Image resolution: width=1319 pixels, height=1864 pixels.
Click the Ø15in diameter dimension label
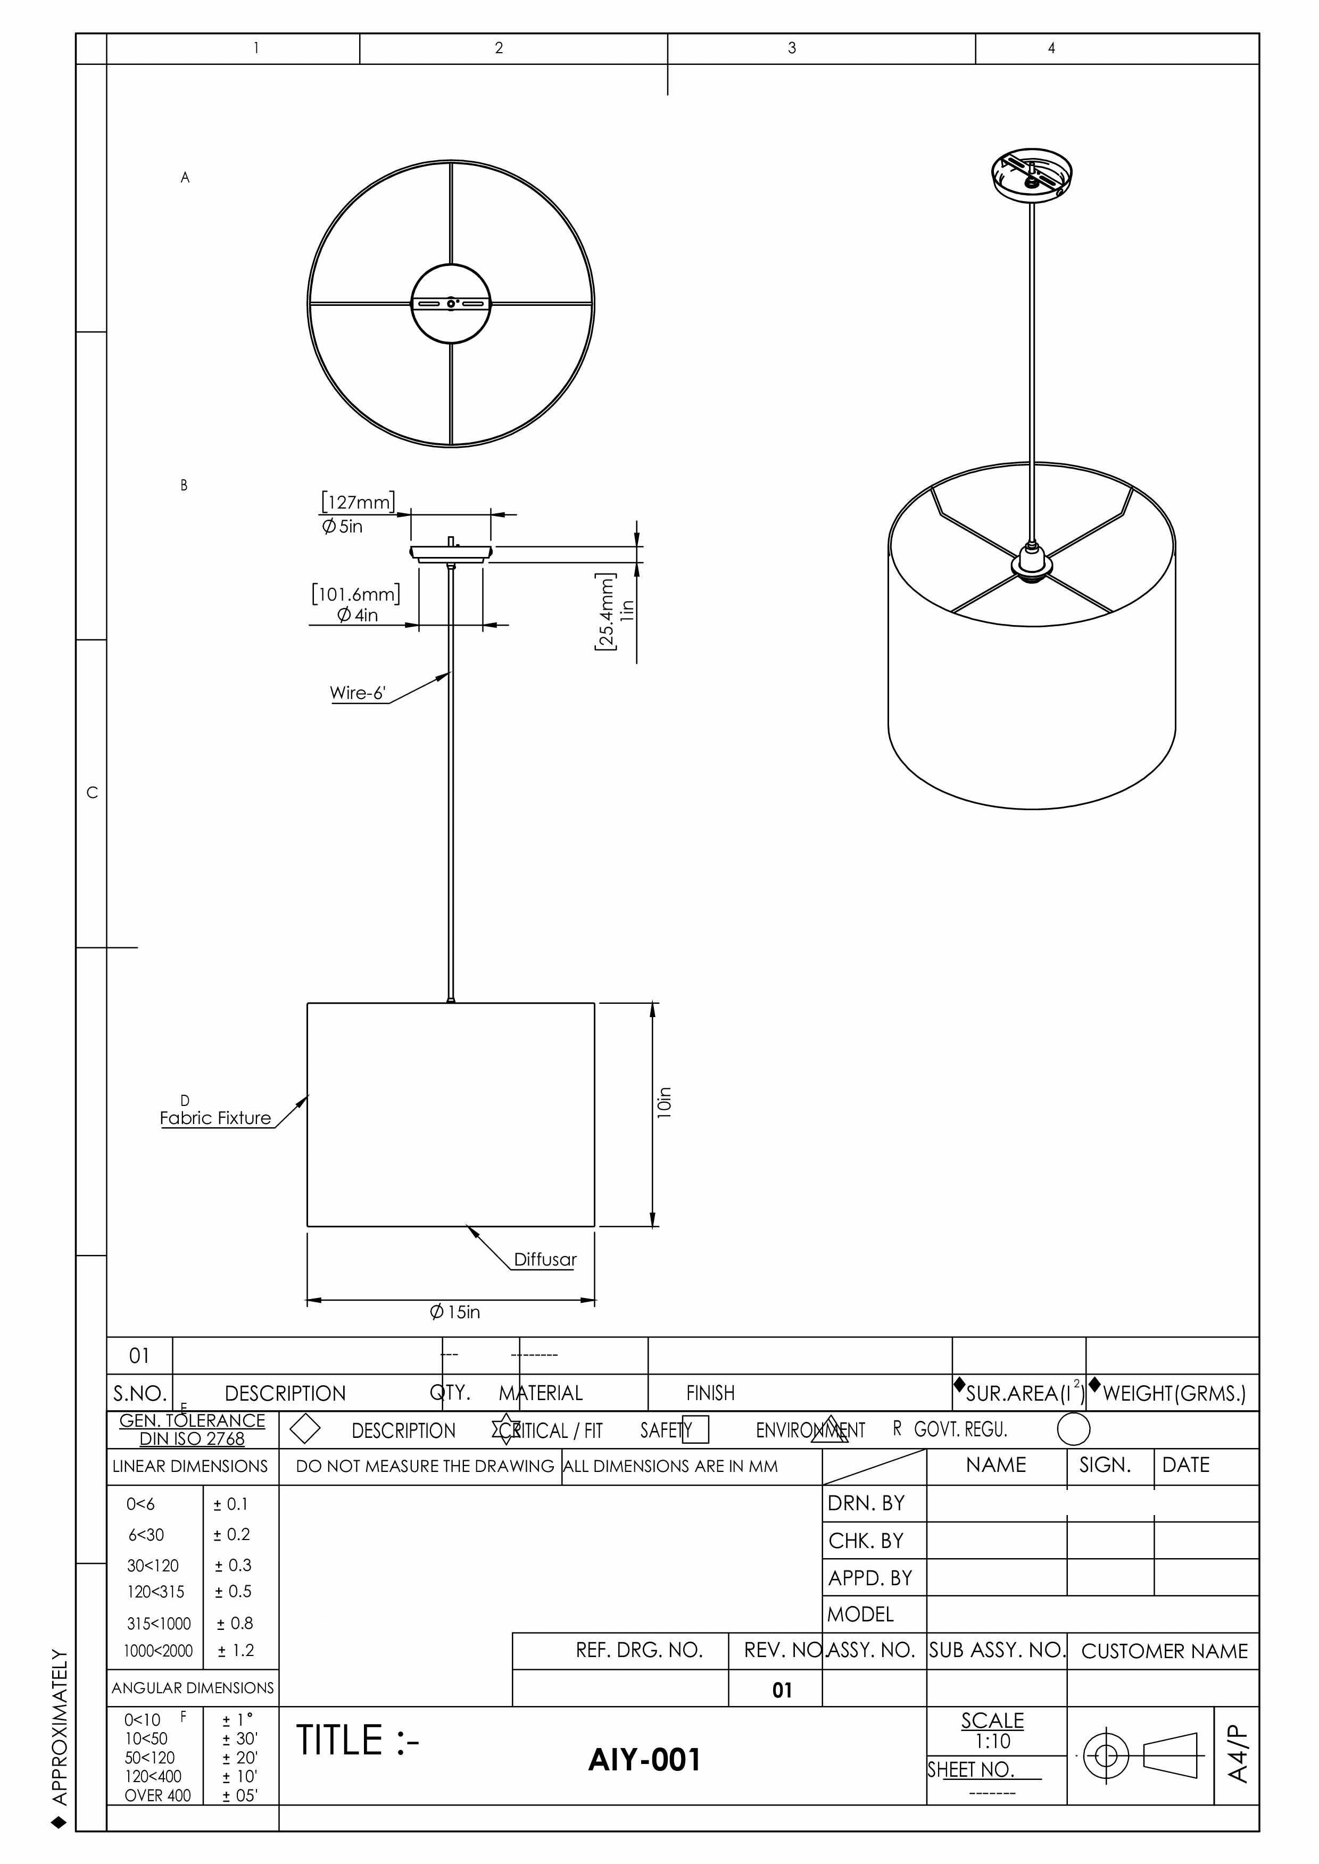455,1312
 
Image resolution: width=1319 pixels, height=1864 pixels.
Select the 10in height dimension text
665,1102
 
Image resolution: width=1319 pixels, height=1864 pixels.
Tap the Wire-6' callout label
358,693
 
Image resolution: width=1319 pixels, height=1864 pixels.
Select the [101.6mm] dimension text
356,594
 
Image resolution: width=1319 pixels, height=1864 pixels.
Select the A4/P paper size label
1237,1753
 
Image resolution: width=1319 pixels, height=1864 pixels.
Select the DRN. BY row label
866,1503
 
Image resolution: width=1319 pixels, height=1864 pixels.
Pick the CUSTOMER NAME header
1164,1651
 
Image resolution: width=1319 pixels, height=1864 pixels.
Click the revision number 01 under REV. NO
781,1690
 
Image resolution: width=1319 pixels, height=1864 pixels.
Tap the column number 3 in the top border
792,48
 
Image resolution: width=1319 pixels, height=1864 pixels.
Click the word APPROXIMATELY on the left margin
59,1725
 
